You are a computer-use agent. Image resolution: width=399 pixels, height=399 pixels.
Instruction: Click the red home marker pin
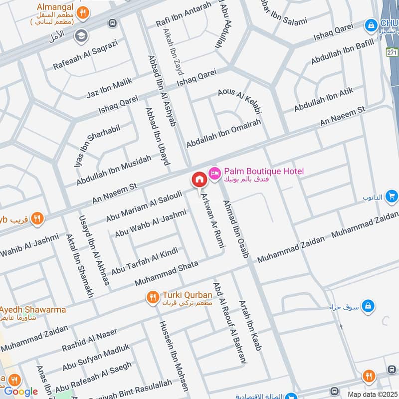[199, 179]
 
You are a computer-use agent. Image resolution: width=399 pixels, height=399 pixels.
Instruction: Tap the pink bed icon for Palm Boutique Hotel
[215, 172]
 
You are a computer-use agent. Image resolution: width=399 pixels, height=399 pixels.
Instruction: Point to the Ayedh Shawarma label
[33, 309]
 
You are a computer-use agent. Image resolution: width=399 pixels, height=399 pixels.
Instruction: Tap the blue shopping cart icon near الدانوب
[392, 196]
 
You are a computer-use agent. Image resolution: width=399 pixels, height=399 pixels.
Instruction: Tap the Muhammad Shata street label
[167, 273]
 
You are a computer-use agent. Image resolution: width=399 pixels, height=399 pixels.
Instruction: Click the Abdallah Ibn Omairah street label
[223, 133]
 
